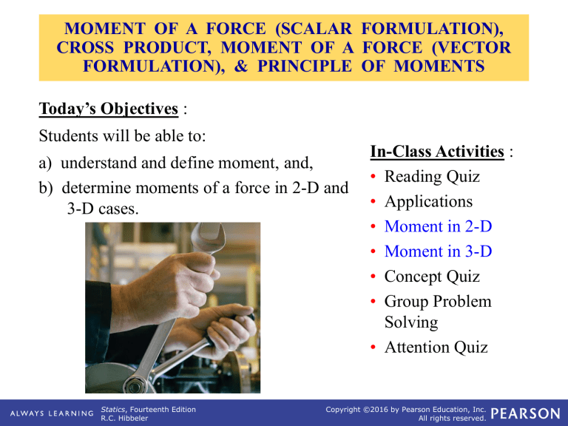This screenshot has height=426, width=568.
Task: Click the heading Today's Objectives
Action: tap(108, 109)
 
